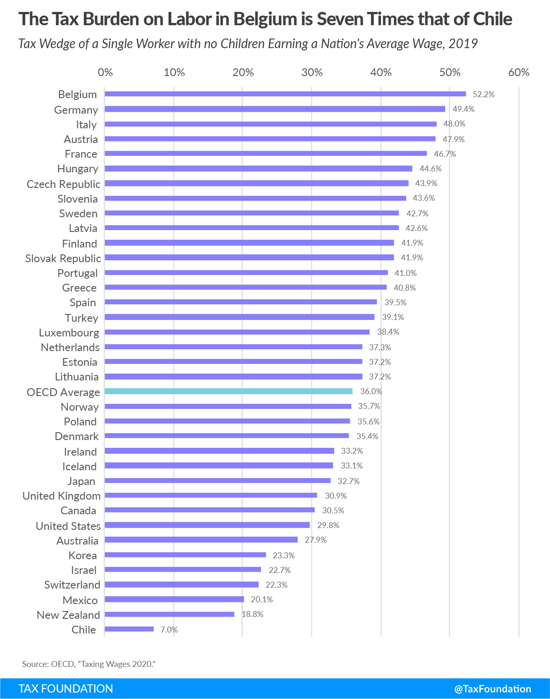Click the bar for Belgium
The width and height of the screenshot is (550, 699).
click(x=285, y=94)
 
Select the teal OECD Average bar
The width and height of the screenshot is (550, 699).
click(x=229, y=391)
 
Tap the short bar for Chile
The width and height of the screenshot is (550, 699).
click(x=129, y=629)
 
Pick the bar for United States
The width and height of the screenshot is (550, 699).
click(x=207, y=525)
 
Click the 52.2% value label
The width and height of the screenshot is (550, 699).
click(x=484, y=94)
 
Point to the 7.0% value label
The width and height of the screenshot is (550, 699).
click(x=169, y=630)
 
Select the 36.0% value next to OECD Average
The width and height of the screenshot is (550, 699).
click(x=371, y=391)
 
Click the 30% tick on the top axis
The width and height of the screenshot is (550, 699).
click(x=312, y=72)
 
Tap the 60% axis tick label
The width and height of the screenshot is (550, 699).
click(x=519, y=72)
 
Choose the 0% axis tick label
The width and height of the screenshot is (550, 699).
click(x=105, y=72)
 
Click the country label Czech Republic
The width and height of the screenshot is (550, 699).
click(x=63, y=184)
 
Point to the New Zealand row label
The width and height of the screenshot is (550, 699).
click(x=68, y=615)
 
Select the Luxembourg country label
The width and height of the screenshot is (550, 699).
click(x=69, y=332)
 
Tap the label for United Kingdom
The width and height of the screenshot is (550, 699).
click(x=61, y=495)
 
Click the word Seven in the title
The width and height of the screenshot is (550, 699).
click(x=339, y=19)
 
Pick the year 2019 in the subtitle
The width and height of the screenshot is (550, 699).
click(x=463, y=44)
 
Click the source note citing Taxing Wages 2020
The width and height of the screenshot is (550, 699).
click(x=89, y=664)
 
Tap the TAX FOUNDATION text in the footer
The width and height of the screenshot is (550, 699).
click(x=65, y=688)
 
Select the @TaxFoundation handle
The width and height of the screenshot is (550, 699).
click(x=492, y=688)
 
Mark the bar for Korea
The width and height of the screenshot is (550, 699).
click(x=185, y=555)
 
